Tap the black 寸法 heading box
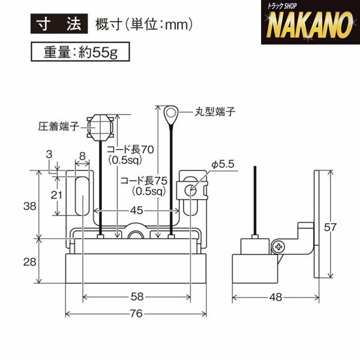[59, 23]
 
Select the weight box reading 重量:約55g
[80, 52]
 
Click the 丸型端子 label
[215, 112]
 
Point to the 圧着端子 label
[59, 126]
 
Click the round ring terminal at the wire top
[170, 113]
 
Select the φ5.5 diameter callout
[223, 164]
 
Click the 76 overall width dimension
[136, 313]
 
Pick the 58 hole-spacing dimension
[137, 297]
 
